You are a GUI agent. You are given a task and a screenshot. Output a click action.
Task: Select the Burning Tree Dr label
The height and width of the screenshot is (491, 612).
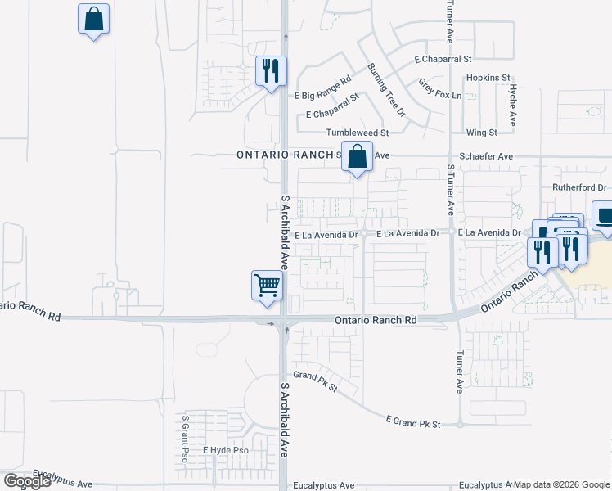point(385,89)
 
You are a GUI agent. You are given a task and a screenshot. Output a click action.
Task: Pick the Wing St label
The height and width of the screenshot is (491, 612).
point(481,132)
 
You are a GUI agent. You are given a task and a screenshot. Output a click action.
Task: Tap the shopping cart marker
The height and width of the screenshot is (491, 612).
point(267,286)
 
